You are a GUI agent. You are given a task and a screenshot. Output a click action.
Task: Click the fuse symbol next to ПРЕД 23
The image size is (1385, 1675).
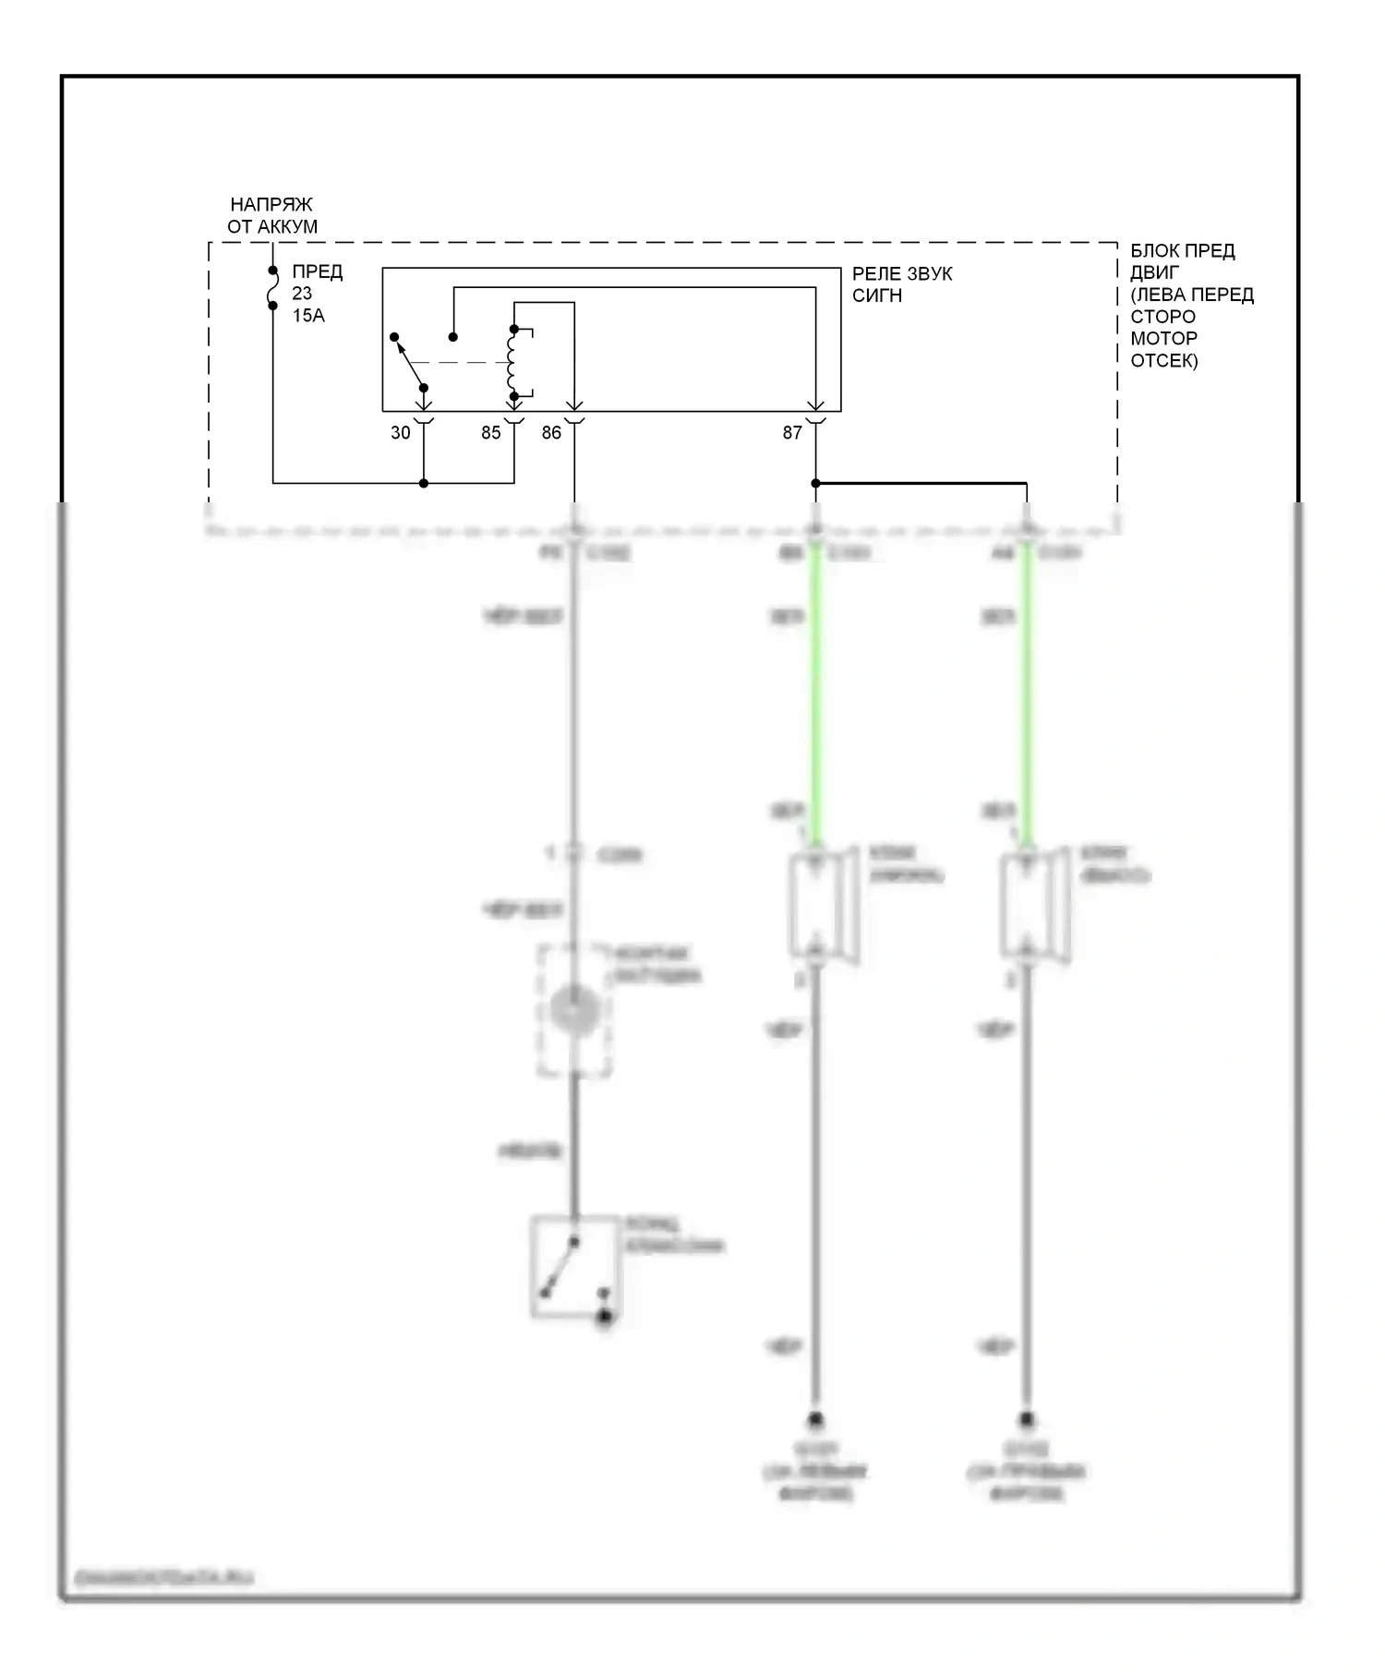[272, 288]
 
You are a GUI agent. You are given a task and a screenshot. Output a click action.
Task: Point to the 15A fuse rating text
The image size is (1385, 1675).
[308, 316]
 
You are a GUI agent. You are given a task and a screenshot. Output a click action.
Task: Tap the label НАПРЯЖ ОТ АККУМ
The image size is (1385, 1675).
[272, 215]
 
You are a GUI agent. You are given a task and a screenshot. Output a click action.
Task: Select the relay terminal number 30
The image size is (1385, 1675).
[400, 432]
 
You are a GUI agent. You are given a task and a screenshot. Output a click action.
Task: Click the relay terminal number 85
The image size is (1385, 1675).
[490, 432]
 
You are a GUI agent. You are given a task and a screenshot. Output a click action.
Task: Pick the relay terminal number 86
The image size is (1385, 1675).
[551, 432]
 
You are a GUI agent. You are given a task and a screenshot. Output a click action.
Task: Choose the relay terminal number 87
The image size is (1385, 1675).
[792, 432]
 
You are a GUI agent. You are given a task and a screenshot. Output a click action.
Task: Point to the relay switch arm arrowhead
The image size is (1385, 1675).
[396, 339]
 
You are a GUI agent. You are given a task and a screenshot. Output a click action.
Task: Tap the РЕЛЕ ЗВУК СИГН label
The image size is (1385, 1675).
[901, 284]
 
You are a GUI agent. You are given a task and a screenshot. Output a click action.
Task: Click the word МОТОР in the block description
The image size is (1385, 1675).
[1163, 338]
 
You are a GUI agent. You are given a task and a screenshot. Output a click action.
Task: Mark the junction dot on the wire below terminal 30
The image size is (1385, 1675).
[424, 483]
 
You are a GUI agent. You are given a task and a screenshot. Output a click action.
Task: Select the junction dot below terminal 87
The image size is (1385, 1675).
[815, 483]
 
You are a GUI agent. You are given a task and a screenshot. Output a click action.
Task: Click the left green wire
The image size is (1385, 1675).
[816, 693]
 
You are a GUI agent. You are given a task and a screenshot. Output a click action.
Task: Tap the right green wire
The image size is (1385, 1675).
[1026, 693]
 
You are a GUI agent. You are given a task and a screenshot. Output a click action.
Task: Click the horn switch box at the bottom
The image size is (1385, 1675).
[573, 1266]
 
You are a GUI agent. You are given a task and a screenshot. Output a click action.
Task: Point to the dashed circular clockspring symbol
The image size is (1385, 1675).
[574, 1009]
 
